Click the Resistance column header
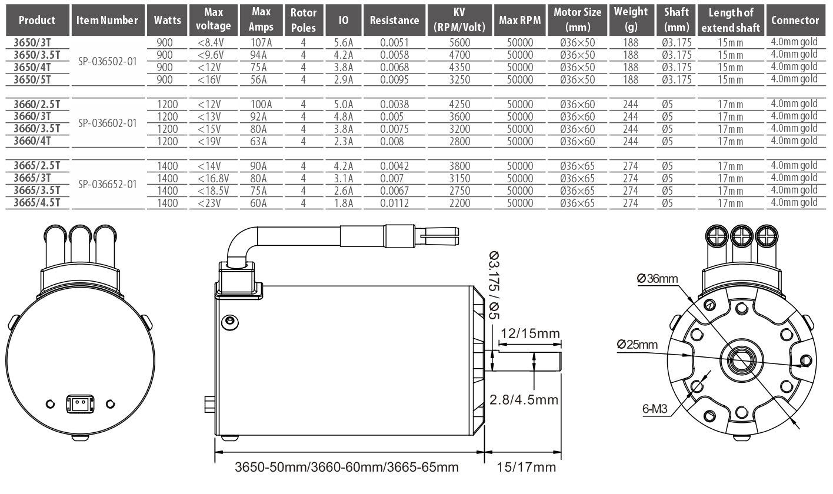tap(394, 20)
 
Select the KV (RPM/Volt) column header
tap(459, 20)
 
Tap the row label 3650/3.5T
tap(37, 55)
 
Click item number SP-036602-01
tap(108, 123)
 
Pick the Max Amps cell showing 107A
tap(261, 43)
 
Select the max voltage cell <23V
tap(209, 203)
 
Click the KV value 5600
tap(459, 43)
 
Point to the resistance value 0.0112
tap(394, 203)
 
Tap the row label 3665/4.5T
tap(37, 202)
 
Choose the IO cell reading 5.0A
tap(343, 105)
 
